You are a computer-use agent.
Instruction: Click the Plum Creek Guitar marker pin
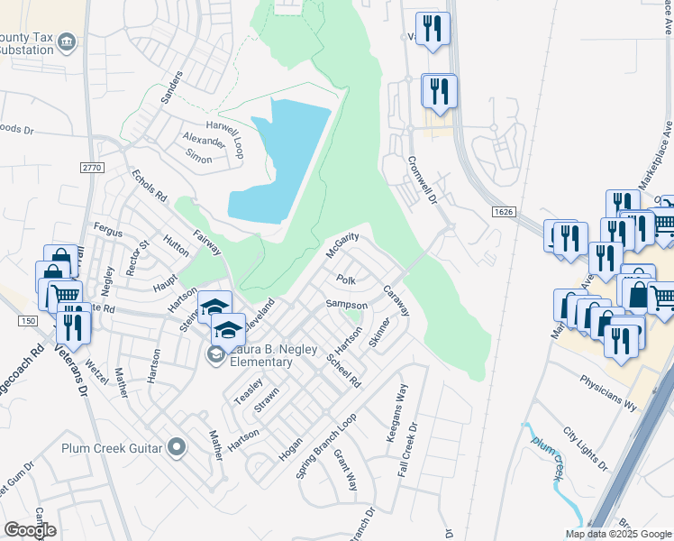(177, 447)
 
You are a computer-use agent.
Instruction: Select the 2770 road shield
(92, 168)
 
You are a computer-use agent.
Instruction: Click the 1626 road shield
(506, 211)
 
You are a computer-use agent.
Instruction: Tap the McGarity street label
(342, 244)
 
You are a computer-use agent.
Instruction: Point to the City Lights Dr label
(584, 448)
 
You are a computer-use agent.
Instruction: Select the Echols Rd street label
(150, 185)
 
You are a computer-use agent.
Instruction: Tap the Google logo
(31, 530)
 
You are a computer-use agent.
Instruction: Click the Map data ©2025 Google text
(618, 534)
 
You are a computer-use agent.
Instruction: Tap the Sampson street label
(346, 306)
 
